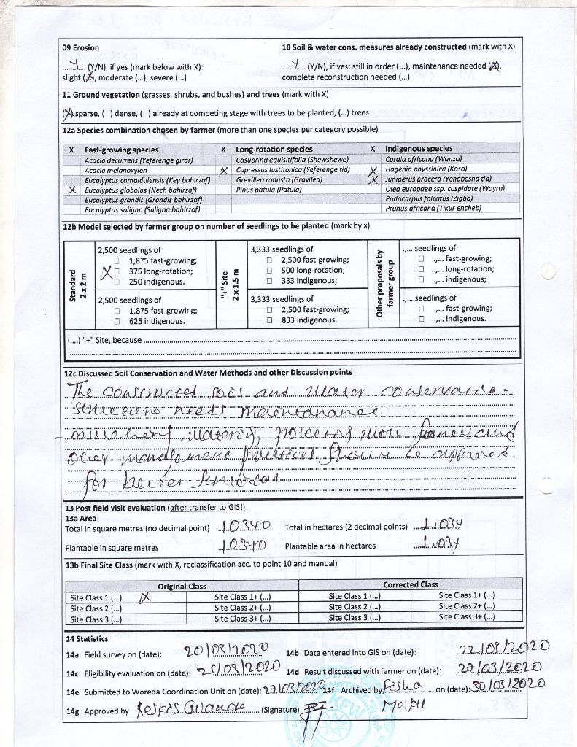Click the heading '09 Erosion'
tap(81, 47)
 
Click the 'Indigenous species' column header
tap(419, 149)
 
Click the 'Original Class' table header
tap(182, 586)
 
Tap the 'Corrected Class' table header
tap(411, 585)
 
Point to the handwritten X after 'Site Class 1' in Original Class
tap(144, 597)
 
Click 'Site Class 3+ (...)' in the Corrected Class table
tap(468, 617)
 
